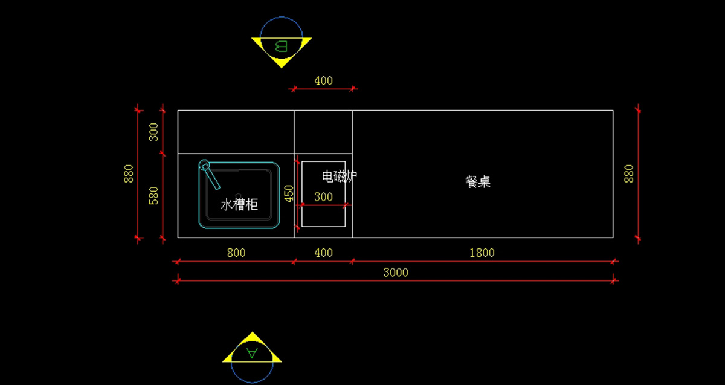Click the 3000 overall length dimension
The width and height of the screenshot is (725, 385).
coord(396,273)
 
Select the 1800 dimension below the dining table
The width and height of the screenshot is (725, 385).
coord(482,253)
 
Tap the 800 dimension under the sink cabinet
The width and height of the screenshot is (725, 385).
coord(236,253)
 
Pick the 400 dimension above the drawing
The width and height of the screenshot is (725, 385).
coord(324,80)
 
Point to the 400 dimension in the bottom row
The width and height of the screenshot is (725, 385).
coord(324,253)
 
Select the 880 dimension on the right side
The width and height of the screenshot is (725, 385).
coord(629,174)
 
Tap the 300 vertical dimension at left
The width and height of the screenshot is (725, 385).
coord(154,132)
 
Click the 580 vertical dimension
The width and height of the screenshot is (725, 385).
coord(154,195)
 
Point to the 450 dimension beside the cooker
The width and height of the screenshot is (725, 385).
coord(289,193)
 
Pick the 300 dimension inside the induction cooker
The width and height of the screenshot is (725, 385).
coord(323,197)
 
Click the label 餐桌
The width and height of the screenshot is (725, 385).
coord(478,182)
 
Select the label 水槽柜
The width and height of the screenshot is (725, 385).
coord(239,205)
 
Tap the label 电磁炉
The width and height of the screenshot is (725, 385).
coord(339,176)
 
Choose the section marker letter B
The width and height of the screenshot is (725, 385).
coord(281,46)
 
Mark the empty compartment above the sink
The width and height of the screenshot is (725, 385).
coord(236,132)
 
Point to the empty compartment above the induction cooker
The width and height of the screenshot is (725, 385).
coord(323,132)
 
